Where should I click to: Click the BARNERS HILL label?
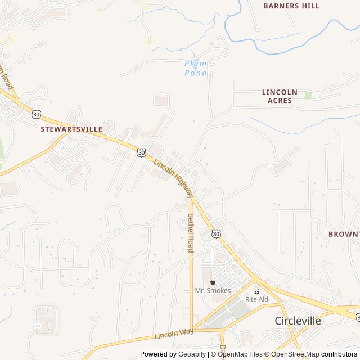(291, 6)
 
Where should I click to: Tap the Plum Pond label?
(196, 68)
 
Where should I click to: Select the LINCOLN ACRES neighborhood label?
(280, 96)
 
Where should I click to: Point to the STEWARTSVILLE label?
(71, 129)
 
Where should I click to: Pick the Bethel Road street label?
(191, 232)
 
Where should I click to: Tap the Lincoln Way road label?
(174, 334)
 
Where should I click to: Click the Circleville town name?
(298, 321)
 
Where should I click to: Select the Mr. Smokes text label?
(213, 290)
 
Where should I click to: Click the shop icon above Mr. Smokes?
(213, 282)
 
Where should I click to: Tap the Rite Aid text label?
(256, 299)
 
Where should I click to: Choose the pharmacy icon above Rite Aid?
(257, 291)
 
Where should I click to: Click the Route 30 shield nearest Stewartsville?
(37, 114)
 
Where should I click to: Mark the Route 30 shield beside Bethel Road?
(217, 233)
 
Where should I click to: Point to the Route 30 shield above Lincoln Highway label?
(141, 152)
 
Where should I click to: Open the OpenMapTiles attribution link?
(240, 354)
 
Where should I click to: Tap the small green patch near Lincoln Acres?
(308, 95)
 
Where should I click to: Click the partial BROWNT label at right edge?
(344, 233)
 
